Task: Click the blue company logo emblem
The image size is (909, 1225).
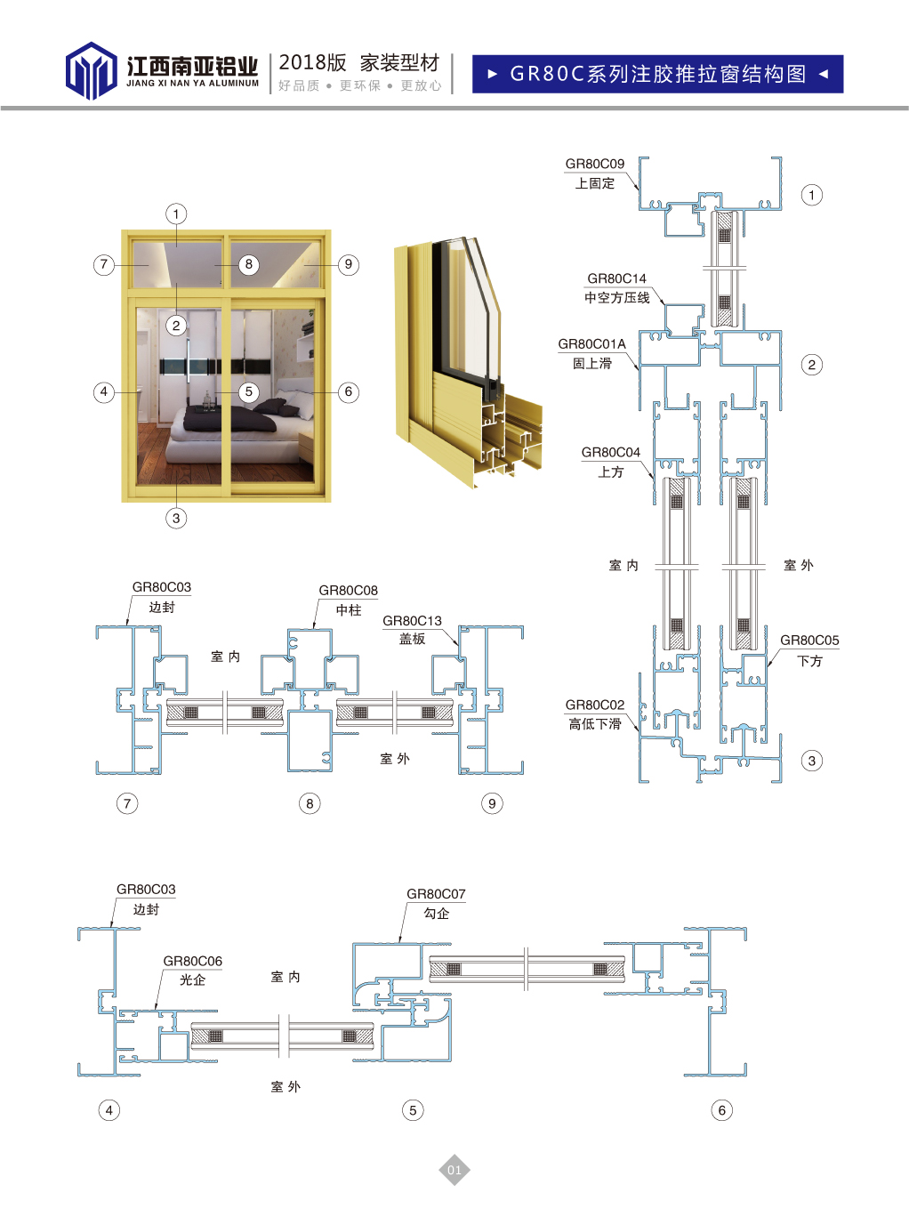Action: pos(91,70)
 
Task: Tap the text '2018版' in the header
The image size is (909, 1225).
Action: pos(312,62)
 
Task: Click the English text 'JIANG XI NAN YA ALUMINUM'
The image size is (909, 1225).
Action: pos(192,84)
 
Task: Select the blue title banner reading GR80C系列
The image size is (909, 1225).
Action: pos(657,74)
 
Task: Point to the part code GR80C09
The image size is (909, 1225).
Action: pos(594,164)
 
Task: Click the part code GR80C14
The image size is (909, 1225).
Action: pos(616,278)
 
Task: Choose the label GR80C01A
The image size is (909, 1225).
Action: pos(591,344)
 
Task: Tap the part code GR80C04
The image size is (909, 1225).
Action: pos(610,453)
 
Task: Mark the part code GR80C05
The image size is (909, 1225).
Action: pos(808,641)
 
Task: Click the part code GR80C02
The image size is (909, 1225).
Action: pos(594,705)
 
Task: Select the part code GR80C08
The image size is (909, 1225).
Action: pos(348,591)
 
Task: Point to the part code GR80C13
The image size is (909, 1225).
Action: pos(412,621)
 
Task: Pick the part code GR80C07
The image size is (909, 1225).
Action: pos(436,894)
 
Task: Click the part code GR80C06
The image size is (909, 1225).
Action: pos(192,962)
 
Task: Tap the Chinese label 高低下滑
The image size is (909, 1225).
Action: pos(595,724)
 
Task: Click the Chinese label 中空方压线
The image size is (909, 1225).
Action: pos(616,297)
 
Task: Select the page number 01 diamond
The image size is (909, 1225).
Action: pos(454,1170)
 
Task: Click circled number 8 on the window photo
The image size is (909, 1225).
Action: pos(249,264)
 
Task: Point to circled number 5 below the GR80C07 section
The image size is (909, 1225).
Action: pos(412,1110)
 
